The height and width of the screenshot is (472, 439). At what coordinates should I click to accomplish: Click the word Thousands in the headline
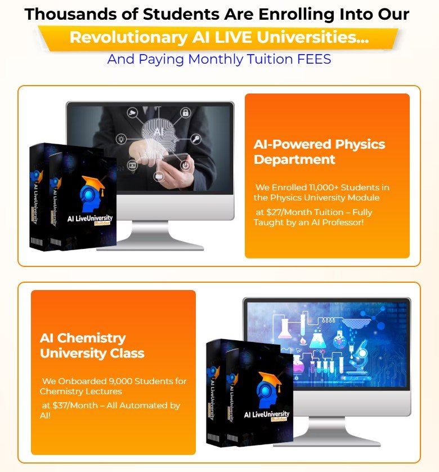[70, 14]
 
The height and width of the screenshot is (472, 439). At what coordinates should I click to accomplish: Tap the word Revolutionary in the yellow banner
[129, 38]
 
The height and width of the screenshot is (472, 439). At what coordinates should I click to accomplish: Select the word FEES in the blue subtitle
[314, 59]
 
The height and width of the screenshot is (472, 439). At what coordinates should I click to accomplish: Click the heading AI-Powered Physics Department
[319, 152]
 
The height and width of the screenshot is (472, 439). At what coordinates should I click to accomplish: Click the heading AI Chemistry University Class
[92, 346]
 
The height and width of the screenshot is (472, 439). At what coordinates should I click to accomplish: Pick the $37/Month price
[75, 406]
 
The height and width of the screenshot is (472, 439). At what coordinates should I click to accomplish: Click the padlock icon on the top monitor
[185, 113]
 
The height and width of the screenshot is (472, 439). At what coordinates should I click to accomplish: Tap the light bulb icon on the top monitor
[121, 139]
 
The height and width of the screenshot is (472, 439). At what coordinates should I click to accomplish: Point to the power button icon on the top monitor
[185, 165]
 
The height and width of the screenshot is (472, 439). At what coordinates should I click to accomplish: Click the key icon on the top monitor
[196, 139]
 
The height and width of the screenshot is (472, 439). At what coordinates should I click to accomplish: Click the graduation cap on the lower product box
[271, 379]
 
